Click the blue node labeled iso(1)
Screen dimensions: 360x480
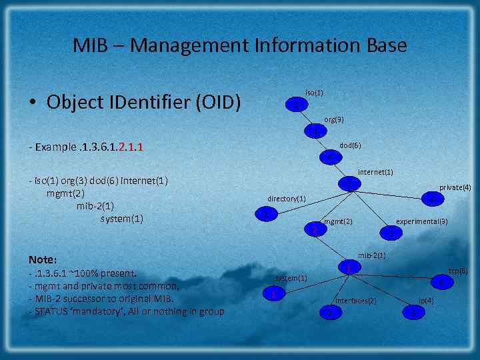coord(296,105)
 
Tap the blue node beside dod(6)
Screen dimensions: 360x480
coord(331,157)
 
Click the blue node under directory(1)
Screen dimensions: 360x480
coord(266,215)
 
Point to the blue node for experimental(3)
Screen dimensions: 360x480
coord(391,232)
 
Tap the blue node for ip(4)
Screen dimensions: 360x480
coord(414,311)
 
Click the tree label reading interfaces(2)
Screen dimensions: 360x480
coord(355,301)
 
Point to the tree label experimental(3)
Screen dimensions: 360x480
coord(422,221)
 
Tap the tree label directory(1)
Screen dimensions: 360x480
coord(287,199)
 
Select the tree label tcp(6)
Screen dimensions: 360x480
coord(458,271)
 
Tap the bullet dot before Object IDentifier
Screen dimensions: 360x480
coord(32,103)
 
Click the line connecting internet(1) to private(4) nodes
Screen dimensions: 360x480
coord(391,191)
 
